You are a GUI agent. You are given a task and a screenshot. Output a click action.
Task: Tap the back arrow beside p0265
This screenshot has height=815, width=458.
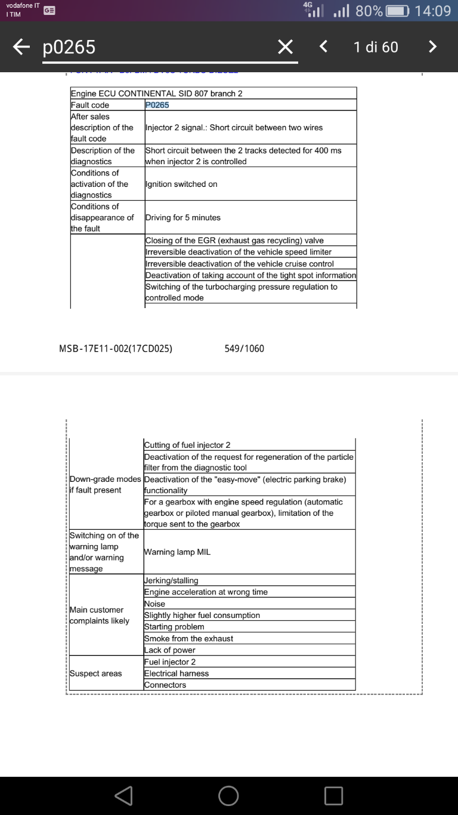click(x=21, y=47)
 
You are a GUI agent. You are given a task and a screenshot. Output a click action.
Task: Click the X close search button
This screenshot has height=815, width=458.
click(x=286, y=47)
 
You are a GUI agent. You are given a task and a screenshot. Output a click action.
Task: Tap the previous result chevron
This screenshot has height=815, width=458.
click(x=323, y=47)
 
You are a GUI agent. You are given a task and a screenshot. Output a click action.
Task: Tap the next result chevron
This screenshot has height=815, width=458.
click(x=433, y=47)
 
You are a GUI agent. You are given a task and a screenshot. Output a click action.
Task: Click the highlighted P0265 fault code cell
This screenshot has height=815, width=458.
click(x=157, y=105)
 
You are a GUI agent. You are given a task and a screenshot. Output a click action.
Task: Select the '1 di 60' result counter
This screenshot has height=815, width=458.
click(x=376, y=47)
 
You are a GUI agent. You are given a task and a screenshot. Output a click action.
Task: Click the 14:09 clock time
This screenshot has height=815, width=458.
click(x=432, y=11)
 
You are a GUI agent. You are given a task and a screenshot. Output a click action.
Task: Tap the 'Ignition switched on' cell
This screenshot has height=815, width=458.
click(x=181, y=184)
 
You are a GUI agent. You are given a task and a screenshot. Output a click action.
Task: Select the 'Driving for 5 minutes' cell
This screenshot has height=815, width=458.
click(x=183, y=217)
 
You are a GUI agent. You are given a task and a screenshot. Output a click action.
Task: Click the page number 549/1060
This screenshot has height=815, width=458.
click(x=244, y=349)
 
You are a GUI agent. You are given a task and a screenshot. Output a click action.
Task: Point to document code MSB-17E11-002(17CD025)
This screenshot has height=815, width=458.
click(x=116, y=349)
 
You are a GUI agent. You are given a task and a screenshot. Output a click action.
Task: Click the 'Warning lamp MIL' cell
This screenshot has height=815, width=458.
click(x=177, y=552)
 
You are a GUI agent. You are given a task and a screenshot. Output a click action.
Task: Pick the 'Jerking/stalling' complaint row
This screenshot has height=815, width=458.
click(x=171, y=580)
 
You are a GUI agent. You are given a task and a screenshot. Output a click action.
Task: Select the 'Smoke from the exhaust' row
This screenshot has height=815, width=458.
click(x=188, y=638)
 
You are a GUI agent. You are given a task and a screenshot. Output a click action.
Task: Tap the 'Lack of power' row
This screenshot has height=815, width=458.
click(x=170, y=650)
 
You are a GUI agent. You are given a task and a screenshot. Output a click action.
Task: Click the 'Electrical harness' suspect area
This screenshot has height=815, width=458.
click(x=177, y=673)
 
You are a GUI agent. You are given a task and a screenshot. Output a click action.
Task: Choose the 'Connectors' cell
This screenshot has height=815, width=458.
click(x=165, y=685)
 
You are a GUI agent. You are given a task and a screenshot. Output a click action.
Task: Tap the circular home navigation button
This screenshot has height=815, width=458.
click(x=228, y=795)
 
